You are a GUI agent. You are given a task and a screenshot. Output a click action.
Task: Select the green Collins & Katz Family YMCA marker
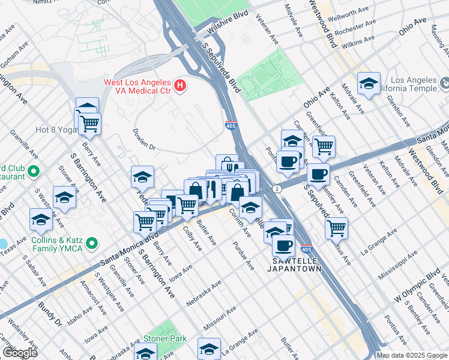pyautogui.click(x=91, y=244)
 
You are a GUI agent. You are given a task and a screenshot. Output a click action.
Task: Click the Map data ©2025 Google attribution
pyautogui.click(x=412, y=355)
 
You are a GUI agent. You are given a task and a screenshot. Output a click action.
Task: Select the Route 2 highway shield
pyautogui.click(x=276, y=188)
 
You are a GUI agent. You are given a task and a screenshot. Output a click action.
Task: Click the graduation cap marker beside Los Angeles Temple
pyautogui.click(x=369, y=84)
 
